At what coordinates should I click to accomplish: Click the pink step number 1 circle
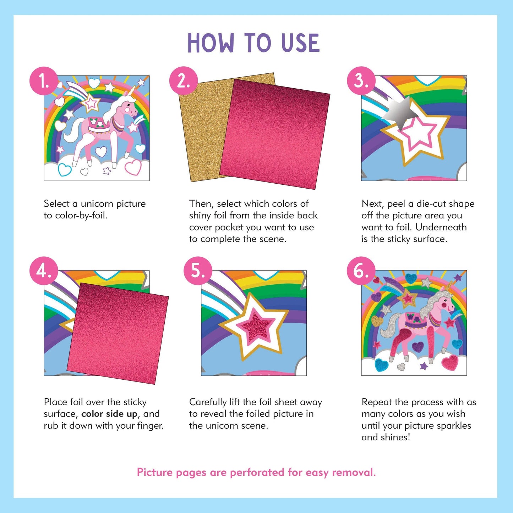[44, 81]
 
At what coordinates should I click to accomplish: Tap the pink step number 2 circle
[184, 81]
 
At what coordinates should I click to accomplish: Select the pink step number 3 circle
[361, 81]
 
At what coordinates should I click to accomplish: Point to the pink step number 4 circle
[44, 271]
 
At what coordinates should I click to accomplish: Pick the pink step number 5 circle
[198, 271]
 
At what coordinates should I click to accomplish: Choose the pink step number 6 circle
[361, 271]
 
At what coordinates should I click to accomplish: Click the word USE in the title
[300, 43]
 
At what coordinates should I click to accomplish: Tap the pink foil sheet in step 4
[117, 333]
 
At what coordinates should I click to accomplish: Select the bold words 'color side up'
[109, 414]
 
